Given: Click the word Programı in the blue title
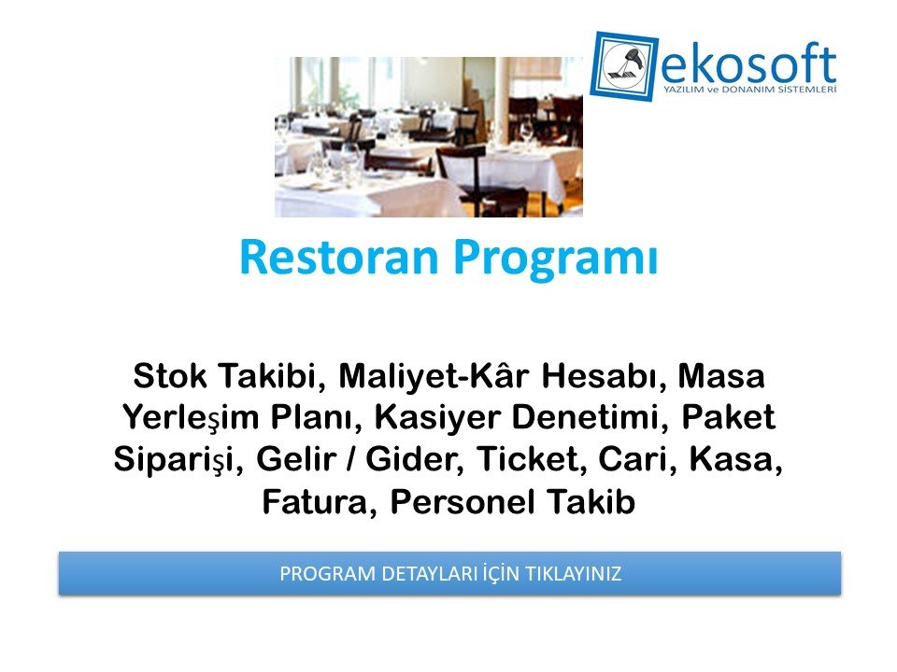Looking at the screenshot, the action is pos(556,260).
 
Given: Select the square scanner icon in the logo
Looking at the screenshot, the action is pos(624,66).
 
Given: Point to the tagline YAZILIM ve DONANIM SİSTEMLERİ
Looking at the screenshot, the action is pos(749,90).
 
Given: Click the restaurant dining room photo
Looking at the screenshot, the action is pos(429,136).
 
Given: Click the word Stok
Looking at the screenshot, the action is pos(170,376).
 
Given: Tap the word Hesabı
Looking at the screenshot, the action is pos(605,376).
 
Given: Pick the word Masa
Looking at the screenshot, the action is pos(721,376).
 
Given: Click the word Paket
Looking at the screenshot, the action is pos(728,416).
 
